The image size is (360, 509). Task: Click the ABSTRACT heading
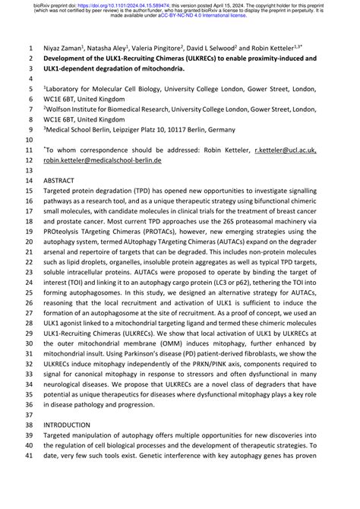tap(58, 182)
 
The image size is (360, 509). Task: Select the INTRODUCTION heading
tap(68, 425)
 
